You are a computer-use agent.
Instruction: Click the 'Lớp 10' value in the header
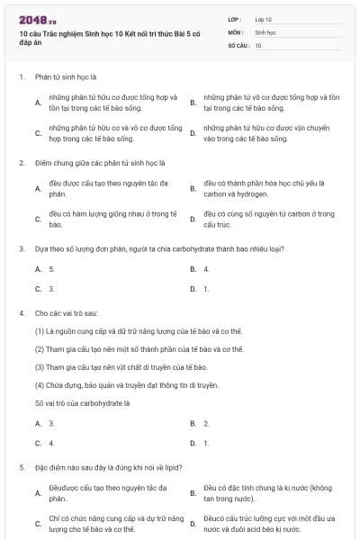[x=264, y=18]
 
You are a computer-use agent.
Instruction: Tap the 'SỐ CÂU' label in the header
[x=237, y=44]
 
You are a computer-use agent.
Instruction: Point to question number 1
[x=21, y=77]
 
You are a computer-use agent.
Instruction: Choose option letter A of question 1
[x=38, y=103]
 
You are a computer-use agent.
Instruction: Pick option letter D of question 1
[x=193, y=134]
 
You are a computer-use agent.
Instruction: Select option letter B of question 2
[x=193, y=189]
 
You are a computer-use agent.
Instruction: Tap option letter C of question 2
[x=38, y=220]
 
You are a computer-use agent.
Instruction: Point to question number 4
[x=21, y=313]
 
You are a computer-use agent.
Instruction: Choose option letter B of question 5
[x=193, y=493]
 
